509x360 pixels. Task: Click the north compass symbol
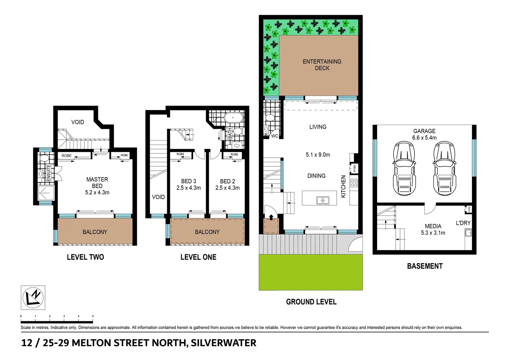33,297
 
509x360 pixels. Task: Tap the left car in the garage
404,168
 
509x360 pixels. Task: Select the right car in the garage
444,168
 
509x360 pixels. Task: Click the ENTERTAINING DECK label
322,65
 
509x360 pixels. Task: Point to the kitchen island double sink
322,200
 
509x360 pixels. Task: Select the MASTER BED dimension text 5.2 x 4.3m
97,192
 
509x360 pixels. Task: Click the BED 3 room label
189,181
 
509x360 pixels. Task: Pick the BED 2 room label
228,181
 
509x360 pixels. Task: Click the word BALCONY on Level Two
95,232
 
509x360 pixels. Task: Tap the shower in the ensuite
46,193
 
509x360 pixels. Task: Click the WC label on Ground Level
274,136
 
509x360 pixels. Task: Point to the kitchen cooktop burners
354,183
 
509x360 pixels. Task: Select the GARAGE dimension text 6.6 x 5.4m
424,138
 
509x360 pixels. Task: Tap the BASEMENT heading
425,266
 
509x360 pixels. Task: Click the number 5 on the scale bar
93,316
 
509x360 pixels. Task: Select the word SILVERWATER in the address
224,343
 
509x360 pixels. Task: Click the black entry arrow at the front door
271,217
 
